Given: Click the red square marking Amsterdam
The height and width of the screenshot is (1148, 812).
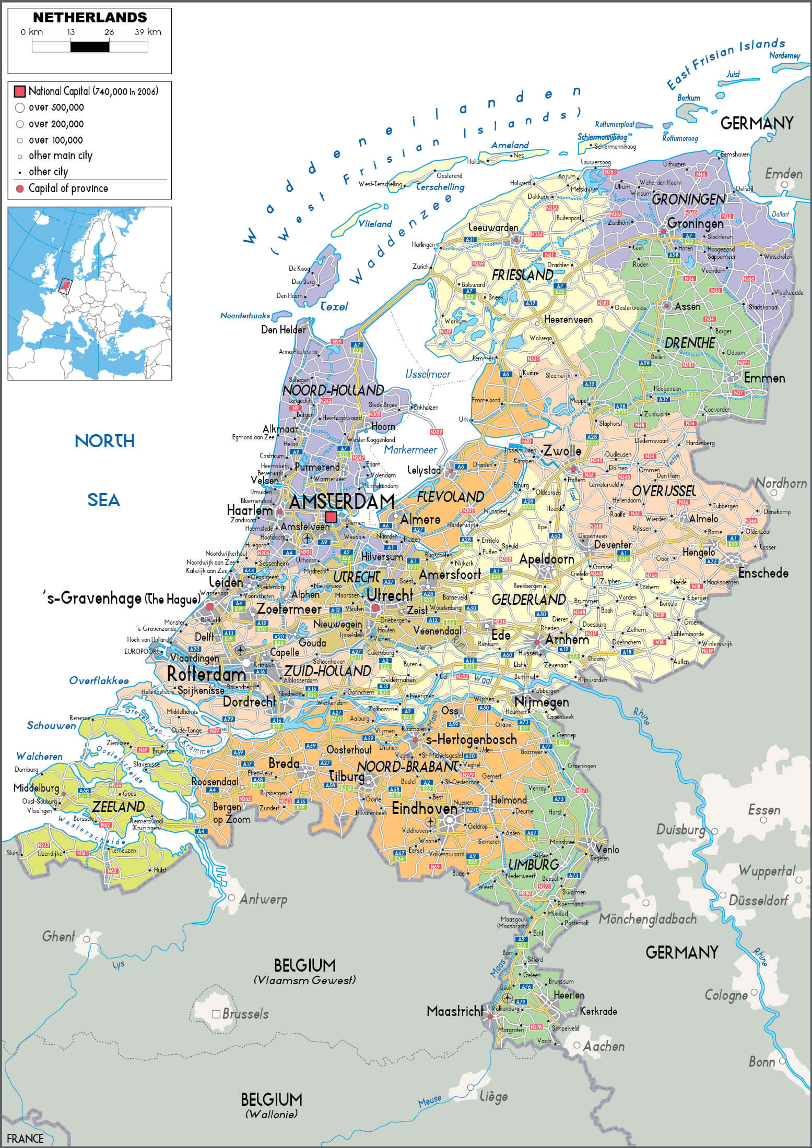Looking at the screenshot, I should pos(331,517).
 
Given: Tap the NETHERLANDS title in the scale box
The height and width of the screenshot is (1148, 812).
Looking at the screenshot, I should pos(90,17).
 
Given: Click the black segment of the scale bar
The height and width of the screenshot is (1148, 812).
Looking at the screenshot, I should pos(90,47).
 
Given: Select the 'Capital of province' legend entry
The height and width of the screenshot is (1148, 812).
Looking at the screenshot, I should pos(68,188).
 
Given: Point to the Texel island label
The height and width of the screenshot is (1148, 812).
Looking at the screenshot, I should pos(334,307).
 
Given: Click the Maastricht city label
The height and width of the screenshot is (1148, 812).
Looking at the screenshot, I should pos(454,1011).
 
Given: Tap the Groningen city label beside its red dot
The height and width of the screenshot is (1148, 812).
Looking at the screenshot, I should pos(695,223).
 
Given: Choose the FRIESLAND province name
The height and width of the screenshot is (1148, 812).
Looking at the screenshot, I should pos(522,275).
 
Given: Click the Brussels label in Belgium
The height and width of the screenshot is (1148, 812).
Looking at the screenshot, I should pos(245,1014).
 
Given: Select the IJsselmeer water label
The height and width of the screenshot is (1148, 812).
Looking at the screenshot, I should pos(428,374).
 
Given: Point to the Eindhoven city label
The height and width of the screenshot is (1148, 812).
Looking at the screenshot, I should pos(424,808).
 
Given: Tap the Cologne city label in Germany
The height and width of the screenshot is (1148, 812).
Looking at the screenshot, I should pos(725,995).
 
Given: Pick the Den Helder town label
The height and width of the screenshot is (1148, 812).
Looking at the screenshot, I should pos(283,330).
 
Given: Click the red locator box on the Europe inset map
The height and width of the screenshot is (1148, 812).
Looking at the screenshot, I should pos(64,286).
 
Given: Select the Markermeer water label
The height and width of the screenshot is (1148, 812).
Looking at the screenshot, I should pos(410,449).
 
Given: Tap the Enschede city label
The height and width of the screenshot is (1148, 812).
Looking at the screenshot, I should pos(763,573).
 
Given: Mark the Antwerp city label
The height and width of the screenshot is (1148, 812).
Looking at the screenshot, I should pos(263,899).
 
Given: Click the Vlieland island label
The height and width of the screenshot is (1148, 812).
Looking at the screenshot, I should pos(374,224).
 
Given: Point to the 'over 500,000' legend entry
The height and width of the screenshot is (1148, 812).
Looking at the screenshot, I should pos(56,107).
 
